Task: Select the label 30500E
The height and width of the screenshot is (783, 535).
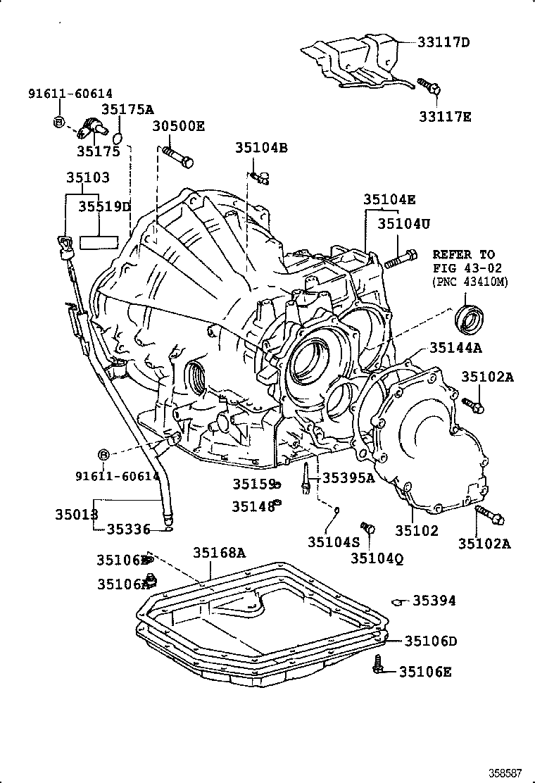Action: [179, 126]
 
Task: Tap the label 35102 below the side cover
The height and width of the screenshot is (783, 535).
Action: [416, 531]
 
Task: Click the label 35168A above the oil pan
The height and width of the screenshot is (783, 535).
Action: [219, 553]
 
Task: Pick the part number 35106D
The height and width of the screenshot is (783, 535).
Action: [430, 641]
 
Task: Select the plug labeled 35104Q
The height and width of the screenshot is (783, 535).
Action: [367, 527]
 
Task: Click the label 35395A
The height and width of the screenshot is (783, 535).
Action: [348, 478]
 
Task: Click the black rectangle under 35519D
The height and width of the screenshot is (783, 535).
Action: [100, 242]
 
